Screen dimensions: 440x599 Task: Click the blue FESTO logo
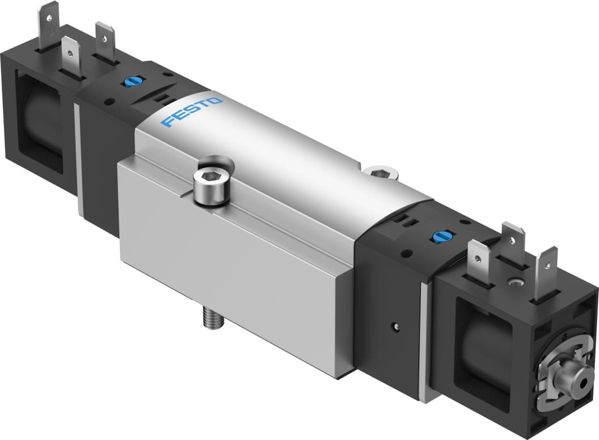pos(192,113)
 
